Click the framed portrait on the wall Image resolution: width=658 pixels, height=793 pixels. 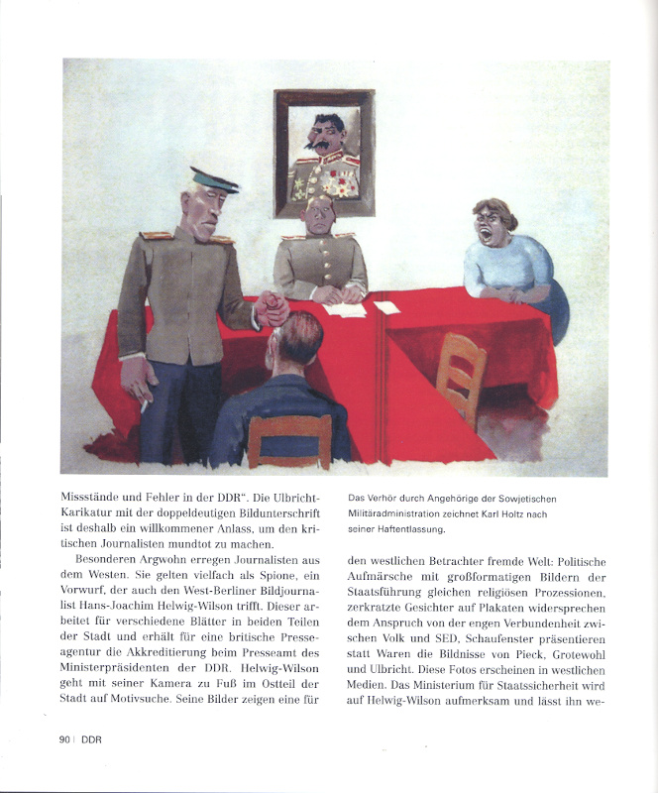point(324,153)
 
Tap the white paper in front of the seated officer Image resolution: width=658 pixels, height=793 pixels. point(345,309)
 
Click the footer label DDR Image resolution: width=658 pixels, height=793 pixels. point(91,738)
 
